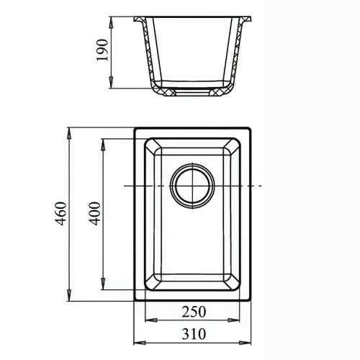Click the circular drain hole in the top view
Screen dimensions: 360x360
[x=192, y=185]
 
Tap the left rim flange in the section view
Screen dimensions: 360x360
[x=141, y=17]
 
